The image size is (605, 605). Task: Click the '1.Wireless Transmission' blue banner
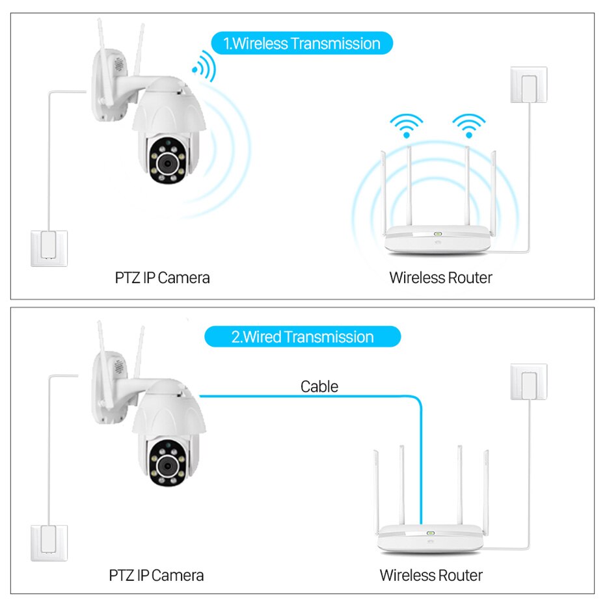(x=302, y=43)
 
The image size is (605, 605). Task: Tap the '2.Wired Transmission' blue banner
(x=302, y=337)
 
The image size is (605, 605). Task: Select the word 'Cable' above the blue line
(x=319, y=386)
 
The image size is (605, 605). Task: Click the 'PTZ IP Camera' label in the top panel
(x=162, y=278)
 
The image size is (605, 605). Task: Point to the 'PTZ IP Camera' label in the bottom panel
(x=156, y=575)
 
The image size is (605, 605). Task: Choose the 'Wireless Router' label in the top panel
(x=440, y=278)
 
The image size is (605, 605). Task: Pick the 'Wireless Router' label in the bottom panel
(x=431, y=575)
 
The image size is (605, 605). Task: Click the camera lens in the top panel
(x=167, y=163)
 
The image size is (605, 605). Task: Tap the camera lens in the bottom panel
(x=167, y=466)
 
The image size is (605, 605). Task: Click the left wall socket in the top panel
(x=49, y=249)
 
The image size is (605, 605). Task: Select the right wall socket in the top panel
(x=529, y=85)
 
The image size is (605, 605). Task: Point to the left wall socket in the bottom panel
(x=49, y=543)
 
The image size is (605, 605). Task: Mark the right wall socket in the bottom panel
(x=529, y=382)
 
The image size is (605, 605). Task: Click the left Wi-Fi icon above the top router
(x=407, y=126)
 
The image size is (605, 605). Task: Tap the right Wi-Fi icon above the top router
(x=469, y=126)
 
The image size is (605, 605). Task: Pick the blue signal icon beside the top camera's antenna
(x=204, y=66)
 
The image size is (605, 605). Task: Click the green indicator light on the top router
(x=438, y=234)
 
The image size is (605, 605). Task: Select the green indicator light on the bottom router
(x=431, y=533)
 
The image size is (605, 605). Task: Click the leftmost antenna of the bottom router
(x=376, y=492)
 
